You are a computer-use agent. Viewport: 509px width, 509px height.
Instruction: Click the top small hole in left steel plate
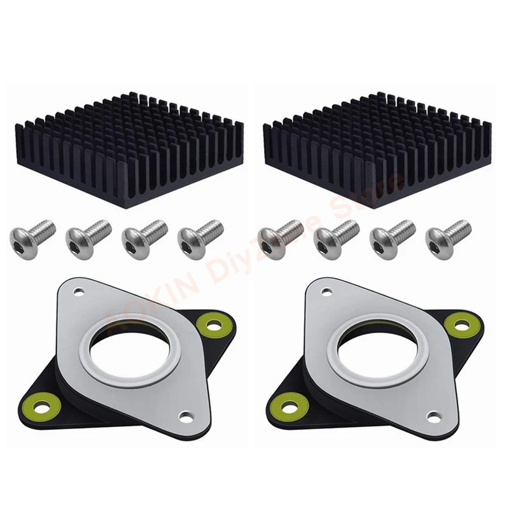(79, 293)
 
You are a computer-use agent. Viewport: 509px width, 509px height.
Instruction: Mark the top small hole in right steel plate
(326, 293)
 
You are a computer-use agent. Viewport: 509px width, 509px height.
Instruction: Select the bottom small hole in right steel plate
(433, 417)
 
